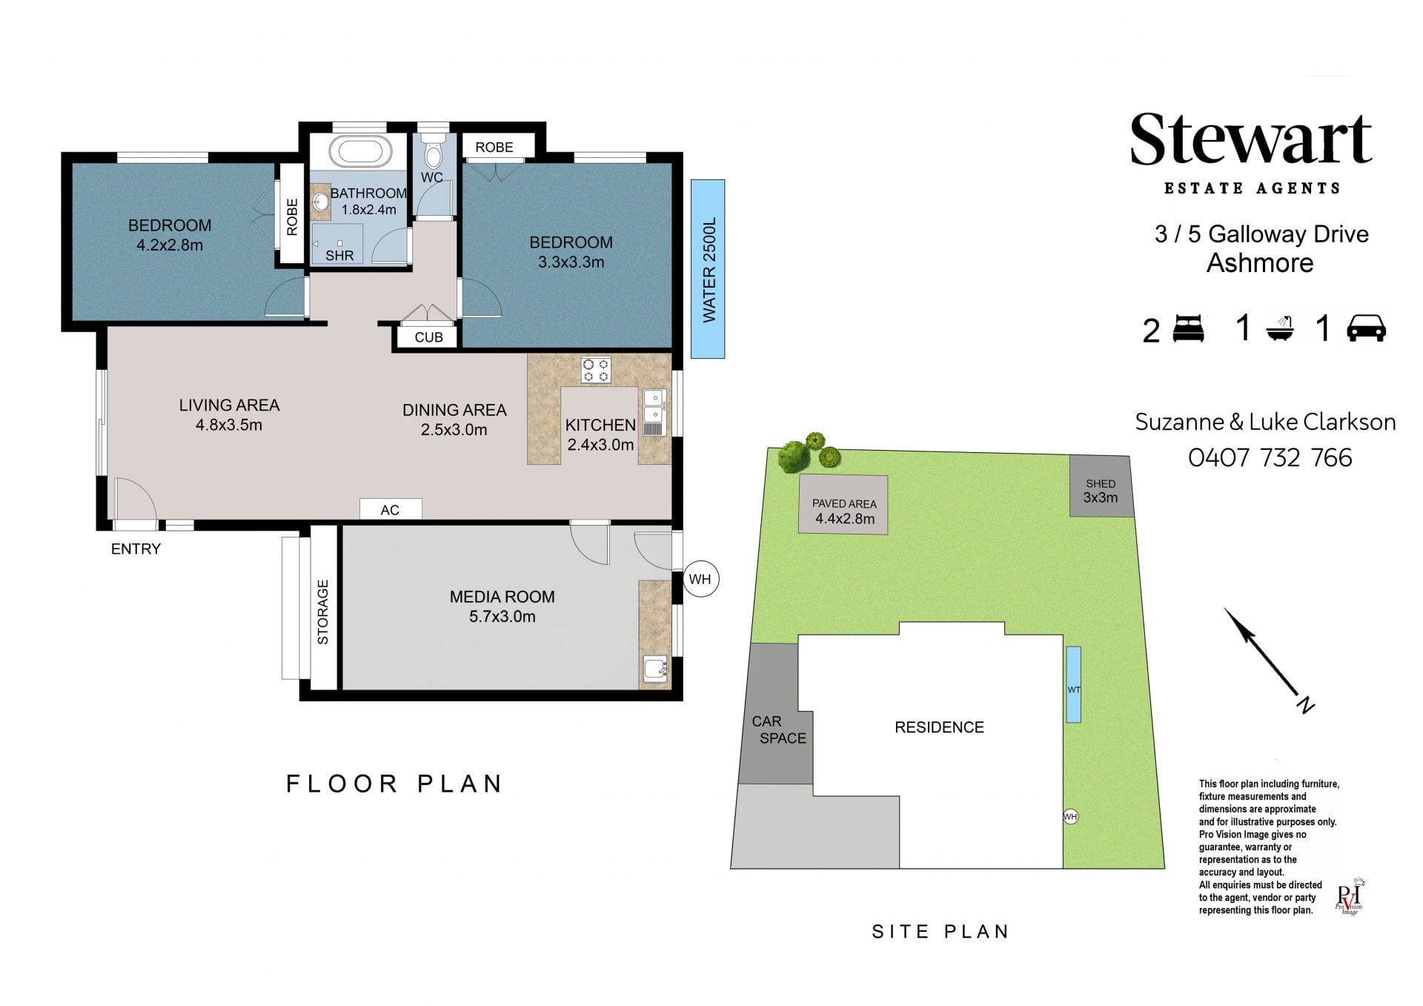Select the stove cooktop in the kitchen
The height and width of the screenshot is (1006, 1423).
(596, 370)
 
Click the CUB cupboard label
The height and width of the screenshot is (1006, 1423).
(428, 337)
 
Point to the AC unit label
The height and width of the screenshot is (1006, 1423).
(390, 510)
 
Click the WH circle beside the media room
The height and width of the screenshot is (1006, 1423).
(700, 579)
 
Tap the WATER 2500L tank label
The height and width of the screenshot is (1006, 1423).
(709, 270)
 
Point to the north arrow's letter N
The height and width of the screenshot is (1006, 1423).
(1304, 704)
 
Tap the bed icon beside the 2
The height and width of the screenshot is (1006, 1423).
(1189, 328)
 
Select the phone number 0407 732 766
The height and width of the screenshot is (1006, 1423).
(1270, 457)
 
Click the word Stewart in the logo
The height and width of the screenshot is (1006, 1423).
(1251, 140)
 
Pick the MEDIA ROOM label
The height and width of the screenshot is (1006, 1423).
(502, 597)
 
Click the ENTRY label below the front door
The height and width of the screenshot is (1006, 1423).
(136, 549)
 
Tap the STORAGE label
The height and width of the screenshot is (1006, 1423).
(322, 612)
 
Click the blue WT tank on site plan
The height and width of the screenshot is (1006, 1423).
(1073, 684)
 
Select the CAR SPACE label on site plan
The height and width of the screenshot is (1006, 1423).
(778, 729)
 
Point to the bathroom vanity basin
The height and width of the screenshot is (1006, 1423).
(321, 202)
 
